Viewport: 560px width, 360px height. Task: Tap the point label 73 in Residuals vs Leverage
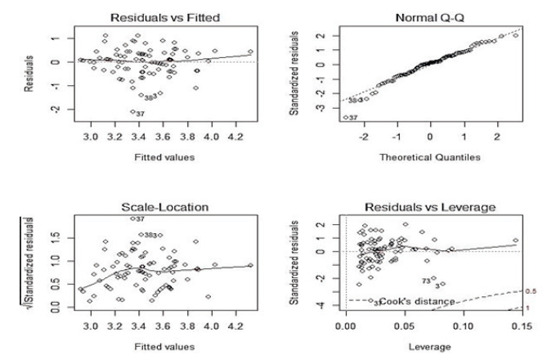[427, 280]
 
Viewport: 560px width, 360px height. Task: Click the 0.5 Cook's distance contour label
[530, 291]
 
